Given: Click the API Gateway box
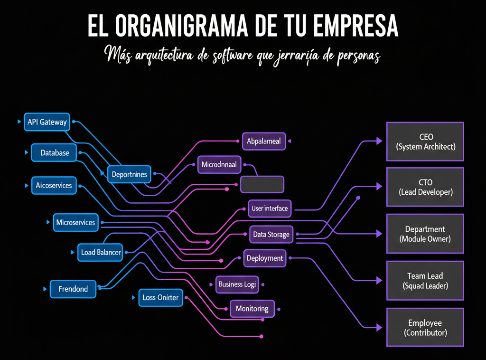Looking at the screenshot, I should coord(47,122).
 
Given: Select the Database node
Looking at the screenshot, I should coord(55,153).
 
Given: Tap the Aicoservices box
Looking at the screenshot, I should coord(54,185).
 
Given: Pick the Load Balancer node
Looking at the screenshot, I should coord(101,252).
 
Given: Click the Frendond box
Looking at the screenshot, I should coord(73,289).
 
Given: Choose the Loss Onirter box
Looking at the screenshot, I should coord(160,298).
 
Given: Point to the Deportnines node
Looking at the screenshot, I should coord(129,174).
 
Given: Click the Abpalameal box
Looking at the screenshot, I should coord(264,141).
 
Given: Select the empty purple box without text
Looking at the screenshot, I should coord(262,184).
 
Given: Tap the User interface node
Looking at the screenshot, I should coord(270,208).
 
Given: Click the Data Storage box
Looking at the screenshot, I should coord(271,235).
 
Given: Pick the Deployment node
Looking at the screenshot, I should coord(264,258).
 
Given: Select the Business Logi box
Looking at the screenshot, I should coord(237,284).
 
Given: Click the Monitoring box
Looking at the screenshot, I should coord(252,309).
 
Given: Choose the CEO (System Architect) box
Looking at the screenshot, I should coord(425,142).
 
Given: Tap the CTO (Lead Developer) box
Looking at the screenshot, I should coord(425,187).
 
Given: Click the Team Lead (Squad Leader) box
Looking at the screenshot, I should coord(425,281).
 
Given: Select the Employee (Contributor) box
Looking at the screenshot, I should coord(425,328).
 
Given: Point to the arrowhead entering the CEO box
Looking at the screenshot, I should coord(379,141).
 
